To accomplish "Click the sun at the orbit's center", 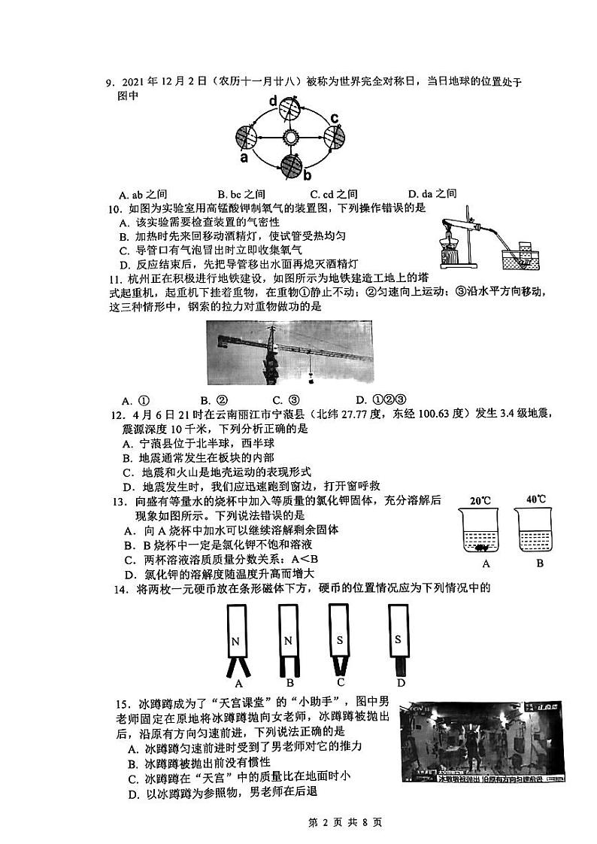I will pos(290,138).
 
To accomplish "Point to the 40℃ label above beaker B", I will pos(537,499).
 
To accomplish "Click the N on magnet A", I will pos(236,642).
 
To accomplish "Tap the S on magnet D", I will pos(399,639).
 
